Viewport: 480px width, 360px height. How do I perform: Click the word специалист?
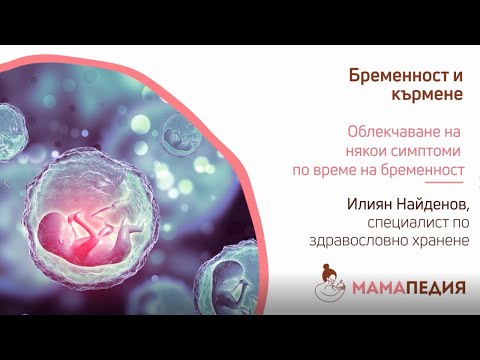(410, 223)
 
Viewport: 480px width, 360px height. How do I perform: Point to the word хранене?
(438, 241)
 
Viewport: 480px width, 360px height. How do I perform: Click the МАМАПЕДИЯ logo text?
(413, 287)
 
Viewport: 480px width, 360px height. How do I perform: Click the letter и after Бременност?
(461, 77)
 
